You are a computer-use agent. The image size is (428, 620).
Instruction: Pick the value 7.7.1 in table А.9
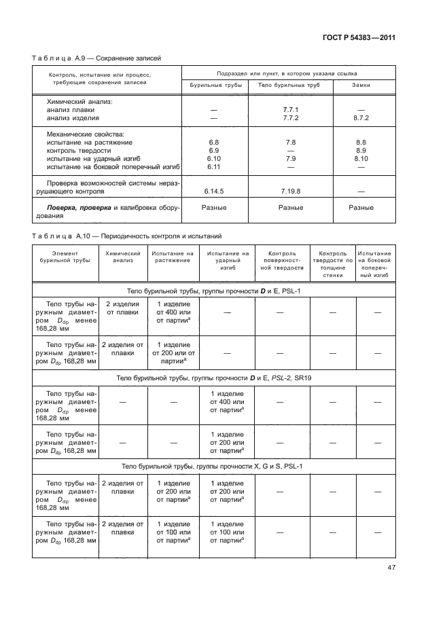(290, 109)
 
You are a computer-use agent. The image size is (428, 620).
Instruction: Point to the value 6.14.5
(213, 192)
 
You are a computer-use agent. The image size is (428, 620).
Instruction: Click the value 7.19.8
(290, 192)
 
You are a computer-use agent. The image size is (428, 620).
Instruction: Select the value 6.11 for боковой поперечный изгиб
(213, 166)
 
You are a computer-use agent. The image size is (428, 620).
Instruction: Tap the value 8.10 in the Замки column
(361, 158)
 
